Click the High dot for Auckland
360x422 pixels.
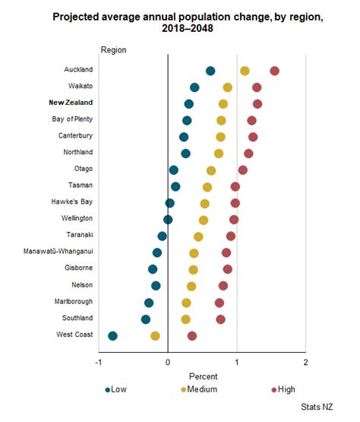[274, 71]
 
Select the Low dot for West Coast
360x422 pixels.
[112, 335]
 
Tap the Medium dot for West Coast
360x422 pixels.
[155, 335]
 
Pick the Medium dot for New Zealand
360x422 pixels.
[223, 103]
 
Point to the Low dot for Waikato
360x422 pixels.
[194, 87]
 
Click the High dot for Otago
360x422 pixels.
[242, 170]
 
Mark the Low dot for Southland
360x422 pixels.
[146, 319]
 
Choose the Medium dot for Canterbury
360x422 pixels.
[220, 137]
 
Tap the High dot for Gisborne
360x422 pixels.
[228, 269]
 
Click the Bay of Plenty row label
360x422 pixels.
[73, 119]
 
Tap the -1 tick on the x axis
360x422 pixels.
[98, 363]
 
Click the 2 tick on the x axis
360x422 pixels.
[305, 363]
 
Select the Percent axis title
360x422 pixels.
[202, 376]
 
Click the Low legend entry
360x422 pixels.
[115, 389]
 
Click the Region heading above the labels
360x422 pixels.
[113, 50]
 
